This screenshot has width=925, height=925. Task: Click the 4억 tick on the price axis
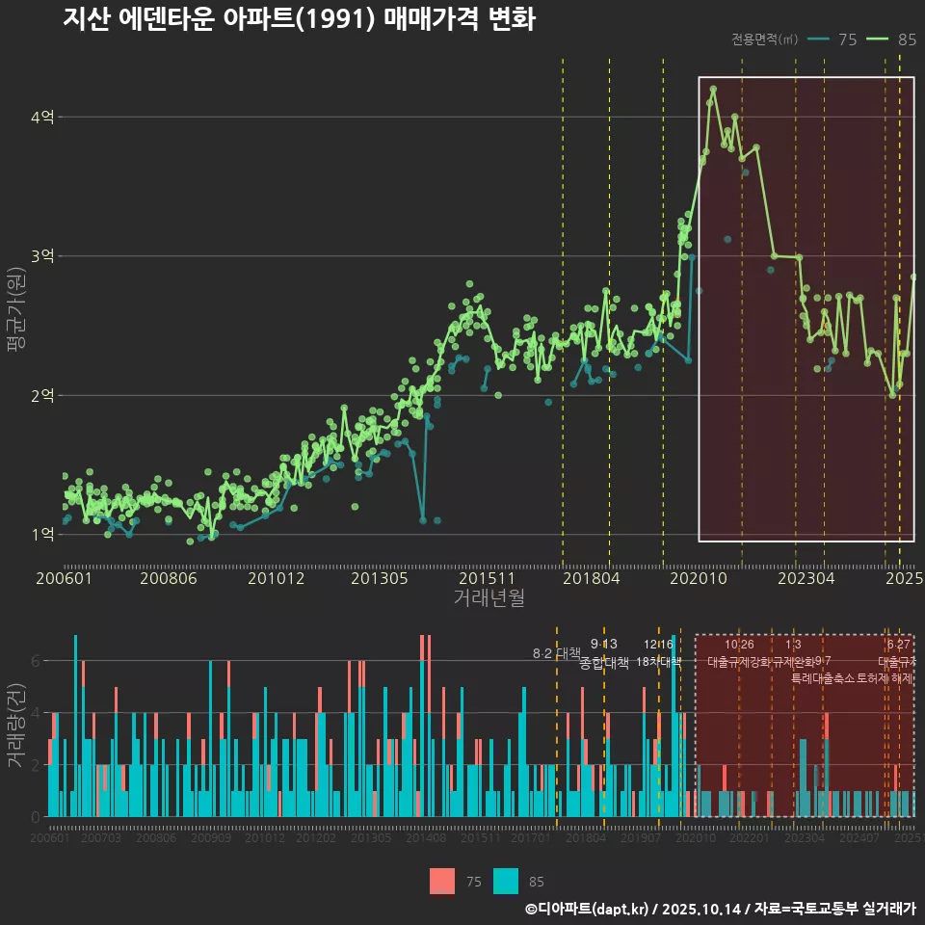pos(42,117)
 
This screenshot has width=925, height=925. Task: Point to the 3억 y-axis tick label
pos(42,256)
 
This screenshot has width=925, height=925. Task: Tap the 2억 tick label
pos(42,395)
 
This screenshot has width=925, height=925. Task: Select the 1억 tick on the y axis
pos(42,535)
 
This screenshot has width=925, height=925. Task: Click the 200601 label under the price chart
pos(64,579)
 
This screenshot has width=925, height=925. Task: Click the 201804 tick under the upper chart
pos(590,579)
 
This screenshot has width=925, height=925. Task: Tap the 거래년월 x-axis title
pos(489,598)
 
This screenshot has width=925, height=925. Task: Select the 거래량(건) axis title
pos(16,726)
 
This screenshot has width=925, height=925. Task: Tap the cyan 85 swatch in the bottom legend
pos(506,881)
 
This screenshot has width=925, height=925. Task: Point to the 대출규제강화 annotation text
pos(739,663)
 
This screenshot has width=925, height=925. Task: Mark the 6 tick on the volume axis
pos(35,661)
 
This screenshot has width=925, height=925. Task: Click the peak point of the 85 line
pos(713,89)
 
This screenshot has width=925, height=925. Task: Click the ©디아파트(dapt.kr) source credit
pos(588,909)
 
